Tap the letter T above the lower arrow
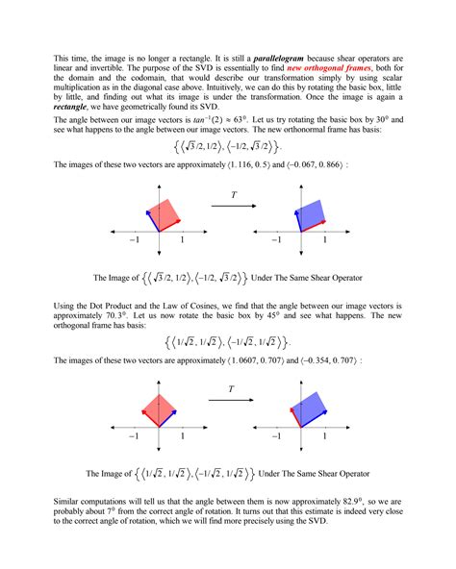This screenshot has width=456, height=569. pyautogui.click(x=232, y=388)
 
